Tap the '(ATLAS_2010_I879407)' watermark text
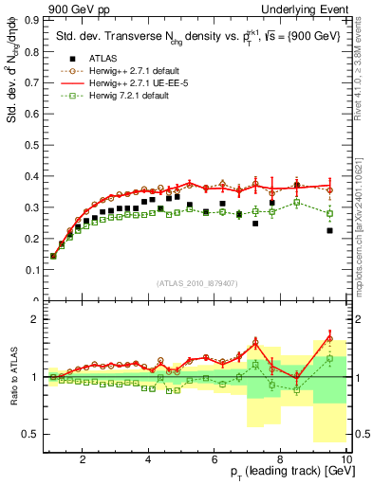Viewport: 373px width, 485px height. coord(196,284)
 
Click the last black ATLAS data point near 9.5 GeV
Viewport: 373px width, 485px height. coord(329,257)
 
